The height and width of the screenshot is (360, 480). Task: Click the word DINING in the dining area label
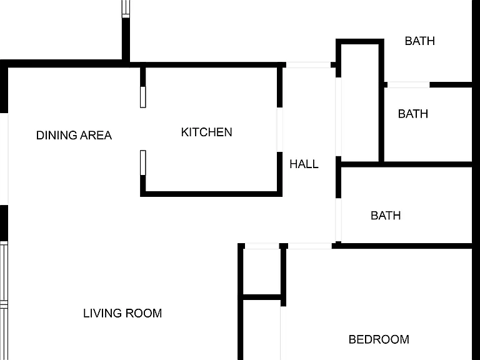pyautogui.click(x=56, y=135)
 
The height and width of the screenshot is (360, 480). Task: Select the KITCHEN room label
pyautogui.click(x=207, y=132)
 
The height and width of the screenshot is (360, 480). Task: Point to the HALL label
pyautogui.click(x=304, y=164)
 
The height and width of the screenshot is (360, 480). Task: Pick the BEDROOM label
pyautogui.click(x=379, y=339)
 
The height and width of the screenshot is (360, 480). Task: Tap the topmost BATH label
pyautogui.click(x=420, y=41)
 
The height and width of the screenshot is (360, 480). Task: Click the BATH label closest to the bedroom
pyautogui.click(x=386, y=216)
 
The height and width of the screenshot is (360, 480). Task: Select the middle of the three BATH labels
pyautogui.click(x=413, y=114)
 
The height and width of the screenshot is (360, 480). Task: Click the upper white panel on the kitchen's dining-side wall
pyautogui.click(x=143, y=97)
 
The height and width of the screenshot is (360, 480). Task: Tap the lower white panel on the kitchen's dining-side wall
pyautogui.click(x=143, y=163)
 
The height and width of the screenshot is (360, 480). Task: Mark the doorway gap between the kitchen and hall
pyautogui.click(x=280, y=130)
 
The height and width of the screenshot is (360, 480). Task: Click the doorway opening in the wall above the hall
pyautogui.click(x=308, y=65)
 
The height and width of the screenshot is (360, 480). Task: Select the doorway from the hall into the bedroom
pyautogui.click(x=310, y=246)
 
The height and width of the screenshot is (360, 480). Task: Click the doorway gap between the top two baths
pyautogui.click(x=409, y=85)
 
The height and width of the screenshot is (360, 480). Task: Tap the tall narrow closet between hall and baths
pyautogui.click(x=360, y=103)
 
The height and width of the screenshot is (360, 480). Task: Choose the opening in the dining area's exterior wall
pyautogui.click(x=4, y=159)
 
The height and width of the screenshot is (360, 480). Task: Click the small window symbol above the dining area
pyautogui.click(x=126, y=9)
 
